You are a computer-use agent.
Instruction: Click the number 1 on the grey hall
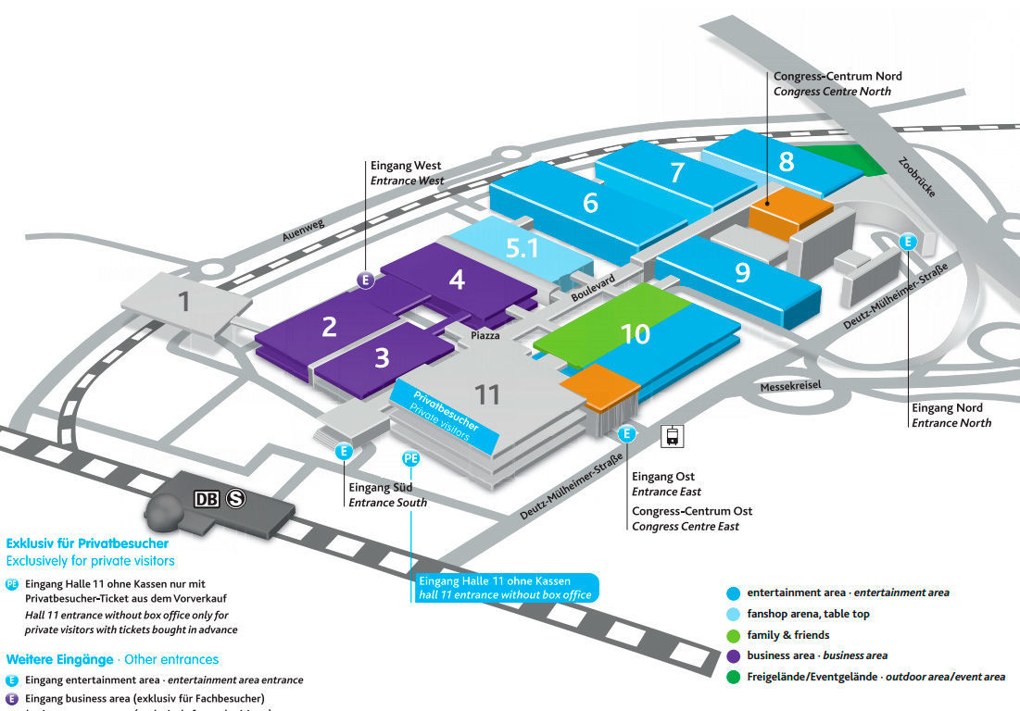[x=184, y=301]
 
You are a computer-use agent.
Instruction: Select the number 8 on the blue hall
[x=787, y=162]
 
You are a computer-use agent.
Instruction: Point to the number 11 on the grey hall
[x=487, y=394]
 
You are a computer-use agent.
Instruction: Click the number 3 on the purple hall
[x=382, y=357]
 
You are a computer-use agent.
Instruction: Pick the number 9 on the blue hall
[x=742, y=272]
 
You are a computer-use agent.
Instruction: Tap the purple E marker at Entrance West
[x=367, y=280]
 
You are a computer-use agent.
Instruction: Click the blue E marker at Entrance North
[x=908, y=242]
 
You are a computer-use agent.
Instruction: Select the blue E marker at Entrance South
[x=344, y=452]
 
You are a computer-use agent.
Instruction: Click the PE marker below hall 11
[x=411, y=458]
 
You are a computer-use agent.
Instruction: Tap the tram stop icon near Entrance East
[x=670, y=436]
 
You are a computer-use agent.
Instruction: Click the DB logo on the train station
[x=208, y=499]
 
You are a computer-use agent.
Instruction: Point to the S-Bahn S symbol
[x=236, y=499]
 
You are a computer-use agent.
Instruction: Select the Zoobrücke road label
[x=918, y=176]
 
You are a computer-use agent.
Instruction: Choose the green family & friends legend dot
[x=734, y=635]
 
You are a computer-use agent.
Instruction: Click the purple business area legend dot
[x=734, y=655]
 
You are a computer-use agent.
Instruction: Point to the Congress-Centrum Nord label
[x=837, y=76]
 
